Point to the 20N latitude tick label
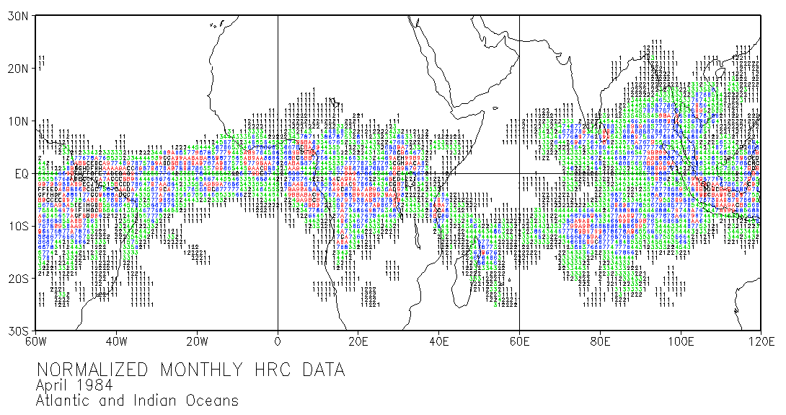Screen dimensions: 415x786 17,69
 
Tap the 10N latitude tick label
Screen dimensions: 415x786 17,121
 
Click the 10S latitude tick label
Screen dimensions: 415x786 17,226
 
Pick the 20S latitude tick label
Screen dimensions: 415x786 17,279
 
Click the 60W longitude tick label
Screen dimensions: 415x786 36,342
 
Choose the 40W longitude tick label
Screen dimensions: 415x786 117,342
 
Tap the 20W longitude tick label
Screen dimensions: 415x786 198,342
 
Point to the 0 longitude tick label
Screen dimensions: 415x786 278,342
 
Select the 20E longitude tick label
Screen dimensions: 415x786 358,342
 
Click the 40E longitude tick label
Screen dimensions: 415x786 439,342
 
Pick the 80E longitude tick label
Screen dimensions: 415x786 600,342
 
